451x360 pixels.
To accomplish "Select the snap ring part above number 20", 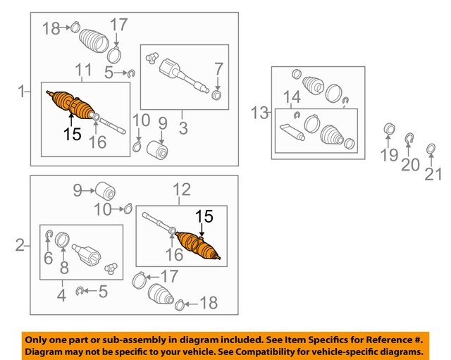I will coord(409,138).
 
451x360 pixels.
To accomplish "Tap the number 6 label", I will coord(48,259).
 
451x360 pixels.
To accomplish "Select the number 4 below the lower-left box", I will coord(61,296).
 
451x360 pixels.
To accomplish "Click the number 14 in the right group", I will coord(292,97).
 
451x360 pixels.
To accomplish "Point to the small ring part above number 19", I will coord(387,128).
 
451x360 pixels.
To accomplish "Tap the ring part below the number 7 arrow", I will coord(216,96).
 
